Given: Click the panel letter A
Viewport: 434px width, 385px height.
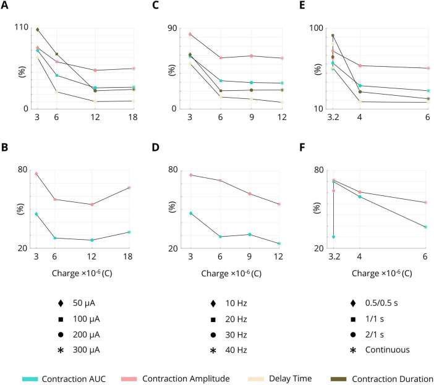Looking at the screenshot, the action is pyautogui.click(x=4, y=6).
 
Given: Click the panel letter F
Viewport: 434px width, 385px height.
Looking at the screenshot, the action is pyautogui.click(x=302, y=148).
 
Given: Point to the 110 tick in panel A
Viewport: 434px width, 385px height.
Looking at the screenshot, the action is pyautogui.click(x=22, y=27).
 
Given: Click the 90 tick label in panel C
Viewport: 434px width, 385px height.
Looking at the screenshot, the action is pyautogui.click(x=172, y=28).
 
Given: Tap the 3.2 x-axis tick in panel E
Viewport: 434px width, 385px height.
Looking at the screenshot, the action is pyautogui.click(x=333, y=117).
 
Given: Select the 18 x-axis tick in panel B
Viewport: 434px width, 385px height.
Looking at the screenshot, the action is pyautogui.click(x=127, y=256).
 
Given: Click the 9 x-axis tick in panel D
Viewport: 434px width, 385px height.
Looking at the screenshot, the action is pyautogui.click(x=249, y=256).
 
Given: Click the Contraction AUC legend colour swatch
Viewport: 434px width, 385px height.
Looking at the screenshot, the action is pyautogui.click(x=30, y=379).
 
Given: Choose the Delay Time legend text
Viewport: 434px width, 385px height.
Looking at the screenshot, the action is pyautogui.click(x=291, y=379).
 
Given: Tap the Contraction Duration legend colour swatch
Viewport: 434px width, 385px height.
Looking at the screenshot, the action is pyautogui.click(x=339, y=379).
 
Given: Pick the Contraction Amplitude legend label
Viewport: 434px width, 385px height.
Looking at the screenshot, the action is pyautogui.click(x=186, y=379).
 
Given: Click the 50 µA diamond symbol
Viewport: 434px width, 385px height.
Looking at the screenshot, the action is pyautogui.click(x=61, y=303).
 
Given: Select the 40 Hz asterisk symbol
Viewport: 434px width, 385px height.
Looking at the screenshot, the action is pyautogui.click(x=213, y=350).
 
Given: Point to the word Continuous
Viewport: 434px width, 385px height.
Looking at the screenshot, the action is pyautogui.click(x=387, y=350).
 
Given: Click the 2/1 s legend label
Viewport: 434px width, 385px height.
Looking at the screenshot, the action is pyautogui.click(x=374, y=335).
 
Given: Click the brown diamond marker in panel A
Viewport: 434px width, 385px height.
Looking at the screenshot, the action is pyautogui.click(x=37, y=30).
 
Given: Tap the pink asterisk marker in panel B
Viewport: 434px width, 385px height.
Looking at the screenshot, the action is pyautogui.click(x=129, y=187).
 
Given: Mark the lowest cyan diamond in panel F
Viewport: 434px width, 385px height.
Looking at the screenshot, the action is pyautogui.click(x=333, y=237).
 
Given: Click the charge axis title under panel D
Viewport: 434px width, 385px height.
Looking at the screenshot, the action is pyautogui.click(x=231, y=274).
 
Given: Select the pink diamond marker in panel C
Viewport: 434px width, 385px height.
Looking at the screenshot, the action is pyautogui.click(x=190, y=34).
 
